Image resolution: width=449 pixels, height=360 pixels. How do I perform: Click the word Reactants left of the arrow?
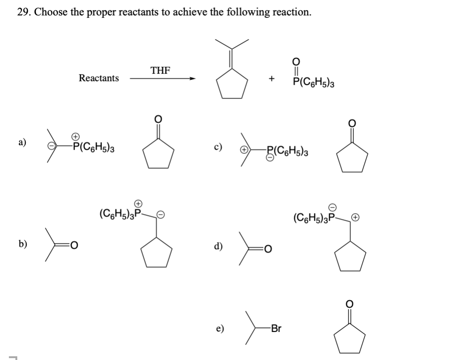click(99, 78)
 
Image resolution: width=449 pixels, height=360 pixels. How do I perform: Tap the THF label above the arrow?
click(160, 70)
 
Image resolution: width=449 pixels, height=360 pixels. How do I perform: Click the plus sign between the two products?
click(271, 79)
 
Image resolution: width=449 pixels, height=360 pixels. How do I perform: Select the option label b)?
click(22, 244)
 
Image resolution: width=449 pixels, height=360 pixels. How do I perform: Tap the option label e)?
click(218, 328)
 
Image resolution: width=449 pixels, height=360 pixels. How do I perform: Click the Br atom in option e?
click(276, 329)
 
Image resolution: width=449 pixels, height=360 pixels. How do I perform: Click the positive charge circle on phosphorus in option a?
click(74, 136)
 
